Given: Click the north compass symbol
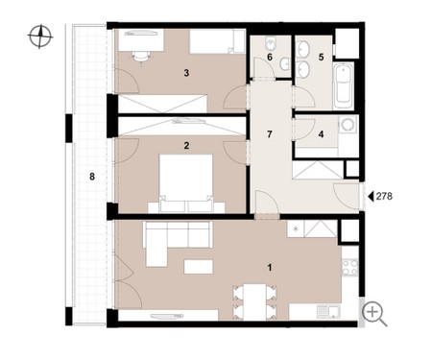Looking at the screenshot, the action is (40, 36).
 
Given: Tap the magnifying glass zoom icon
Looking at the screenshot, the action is (374, 314).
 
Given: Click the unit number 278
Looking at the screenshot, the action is (384, 196).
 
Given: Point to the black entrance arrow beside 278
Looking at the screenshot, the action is (371, 196).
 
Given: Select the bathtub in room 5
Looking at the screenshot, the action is (343, 85).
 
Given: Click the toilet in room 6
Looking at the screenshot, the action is (271, 42).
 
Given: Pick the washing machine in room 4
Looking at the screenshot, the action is (348, 124).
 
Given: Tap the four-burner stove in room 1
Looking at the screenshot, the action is (349, 267).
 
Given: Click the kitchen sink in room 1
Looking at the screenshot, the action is (328, 312).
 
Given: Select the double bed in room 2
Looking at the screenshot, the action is (186, 183).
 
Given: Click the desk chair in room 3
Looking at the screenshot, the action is (141, 58).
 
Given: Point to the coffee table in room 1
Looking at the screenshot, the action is (199, 267).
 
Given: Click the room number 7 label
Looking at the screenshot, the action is (270, 134).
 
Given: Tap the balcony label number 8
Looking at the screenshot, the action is (92, 177).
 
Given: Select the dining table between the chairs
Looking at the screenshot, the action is (254, 302).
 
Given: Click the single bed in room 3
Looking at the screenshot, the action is (217, 41).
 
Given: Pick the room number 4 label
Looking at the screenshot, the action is (321, 134).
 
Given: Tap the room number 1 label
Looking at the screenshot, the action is (270, 267).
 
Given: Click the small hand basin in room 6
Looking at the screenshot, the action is (284, 64).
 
